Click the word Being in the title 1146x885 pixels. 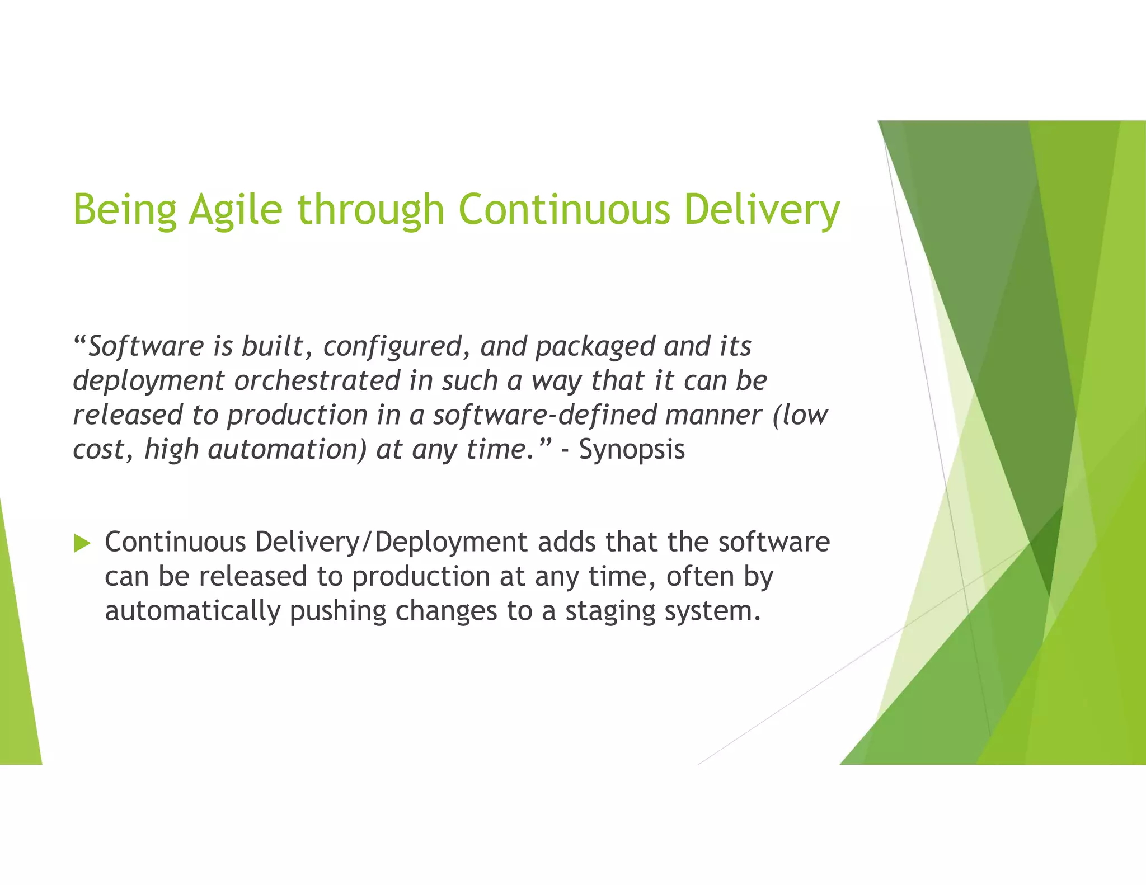click(125, 209)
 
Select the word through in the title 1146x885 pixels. click(371, 209)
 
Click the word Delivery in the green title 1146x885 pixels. click(762, 209)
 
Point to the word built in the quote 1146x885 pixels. click(272, 346)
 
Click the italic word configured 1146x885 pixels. click(392, 346)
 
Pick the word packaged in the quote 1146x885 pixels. click(595, 346)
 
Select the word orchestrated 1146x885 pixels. click(317, 381)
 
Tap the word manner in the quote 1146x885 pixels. click(713, 415)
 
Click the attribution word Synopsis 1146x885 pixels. click(632, 449)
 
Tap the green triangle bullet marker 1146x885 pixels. click(82, 543)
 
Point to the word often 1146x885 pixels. click(699, 576)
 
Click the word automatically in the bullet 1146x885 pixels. click(192, 611)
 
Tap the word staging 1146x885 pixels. click(610, 611)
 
